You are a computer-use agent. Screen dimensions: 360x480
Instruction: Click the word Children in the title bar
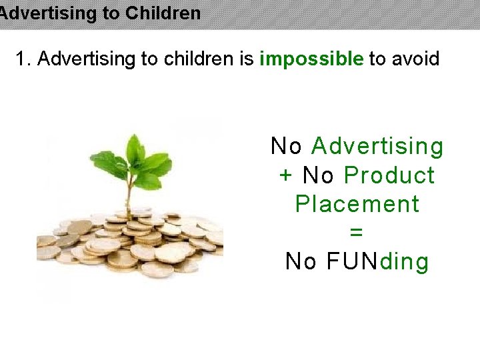tap(163, 13)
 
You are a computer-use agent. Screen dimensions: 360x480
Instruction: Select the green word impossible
tap(311, 59)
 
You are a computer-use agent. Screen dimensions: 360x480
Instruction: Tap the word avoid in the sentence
tap(414, 59)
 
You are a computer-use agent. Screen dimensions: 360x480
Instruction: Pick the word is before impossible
tap(246, 59)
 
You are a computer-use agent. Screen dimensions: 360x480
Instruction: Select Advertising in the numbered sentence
tap(87, 59)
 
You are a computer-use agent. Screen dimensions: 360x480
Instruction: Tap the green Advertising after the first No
tap(377, 147)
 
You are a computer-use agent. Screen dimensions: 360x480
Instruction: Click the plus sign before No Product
tap(285, 176)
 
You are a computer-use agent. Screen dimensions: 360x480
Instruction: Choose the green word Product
tap(389, 175)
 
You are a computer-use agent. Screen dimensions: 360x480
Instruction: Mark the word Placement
tap(357, 204)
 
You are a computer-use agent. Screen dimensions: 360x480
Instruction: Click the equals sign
tap(357, 233)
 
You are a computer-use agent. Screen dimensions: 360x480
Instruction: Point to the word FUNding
tap(378, 261)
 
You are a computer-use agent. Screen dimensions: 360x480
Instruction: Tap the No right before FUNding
tap(301, 261)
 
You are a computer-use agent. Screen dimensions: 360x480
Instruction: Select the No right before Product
tap(318, 175)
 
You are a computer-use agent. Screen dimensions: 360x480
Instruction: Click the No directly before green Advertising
tap(287, 146)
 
